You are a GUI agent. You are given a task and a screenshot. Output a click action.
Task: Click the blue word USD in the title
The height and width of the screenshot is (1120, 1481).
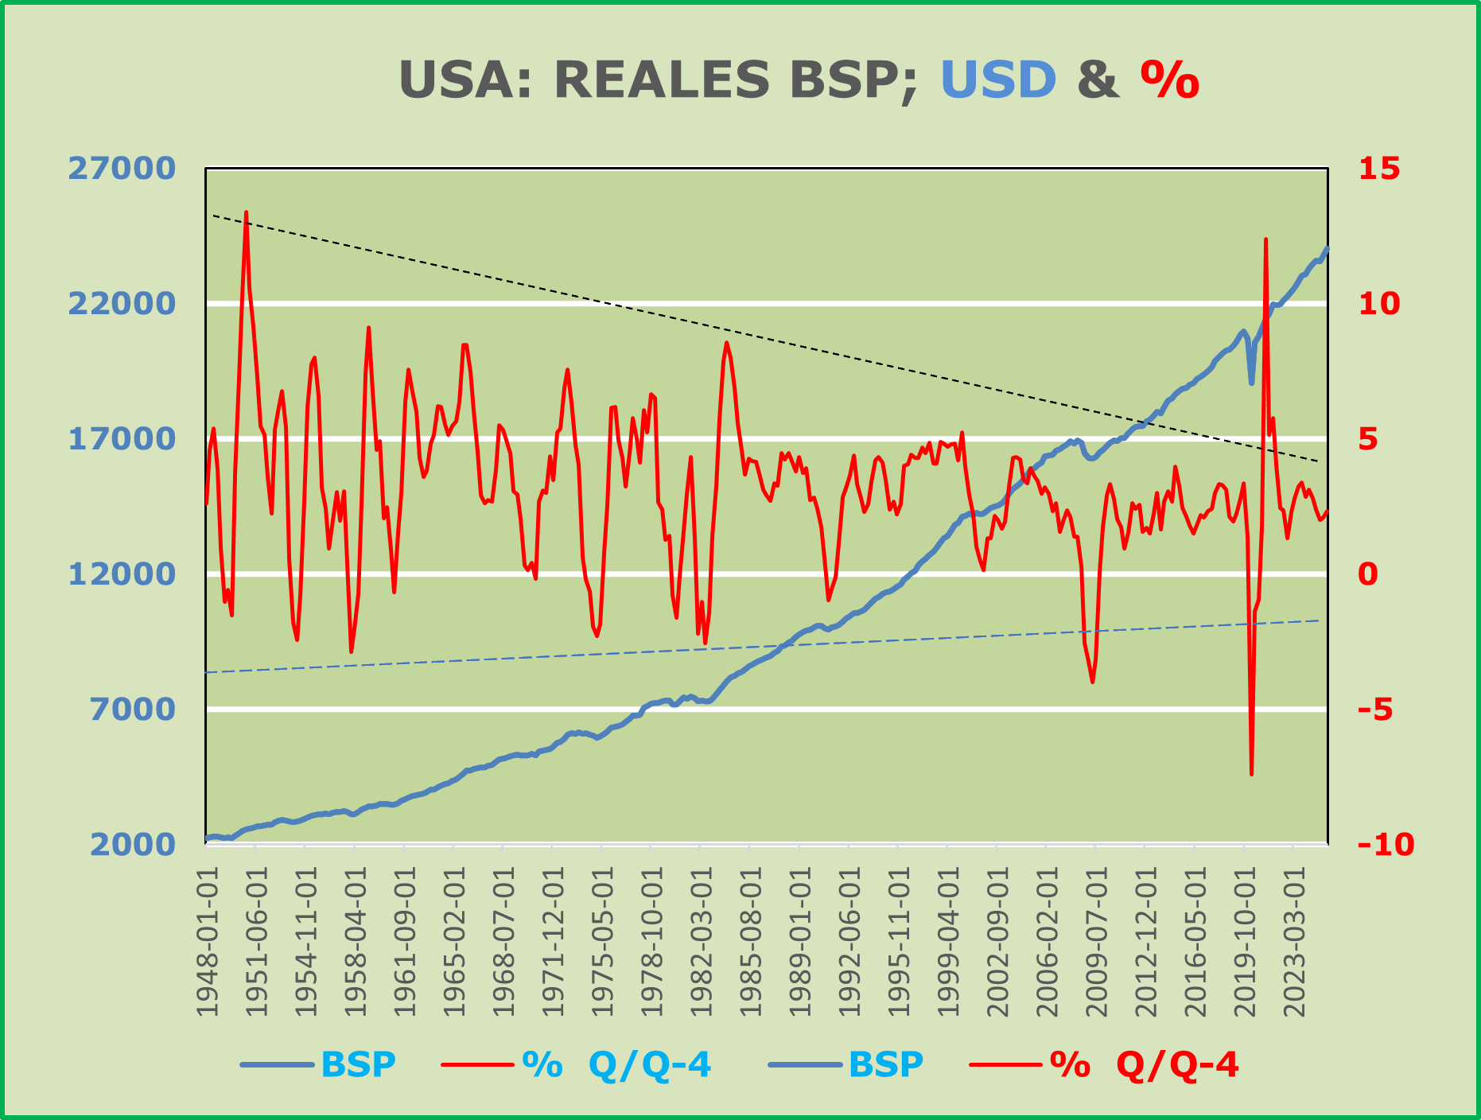tap(998, 80)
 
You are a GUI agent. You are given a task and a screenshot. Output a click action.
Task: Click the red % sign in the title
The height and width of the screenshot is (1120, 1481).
tap(1169, 80)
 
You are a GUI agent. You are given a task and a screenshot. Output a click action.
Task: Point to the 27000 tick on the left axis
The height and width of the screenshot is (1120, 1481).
tap(121, 169)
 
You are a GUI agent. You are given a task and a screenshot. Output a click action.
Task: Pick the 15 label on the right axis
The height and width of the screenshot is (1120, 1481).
tap(1379, 169)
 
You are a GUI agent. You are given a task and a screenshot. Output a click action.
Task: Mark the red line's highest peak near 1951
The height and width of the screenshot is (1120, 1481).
tap(247, 212)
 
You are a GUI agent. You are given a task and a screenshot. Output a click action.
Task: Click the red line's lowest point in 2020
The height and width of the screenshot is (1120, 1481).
tap(1251, 773)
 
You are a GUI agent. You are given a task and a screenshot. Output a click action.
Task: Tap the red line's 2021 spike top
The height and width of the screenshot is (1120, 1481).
tap(1265, 239)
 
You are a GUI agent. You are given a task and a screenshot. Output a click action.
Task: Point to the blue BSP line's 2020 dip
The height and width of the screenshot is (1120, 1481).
tap(1251, 383)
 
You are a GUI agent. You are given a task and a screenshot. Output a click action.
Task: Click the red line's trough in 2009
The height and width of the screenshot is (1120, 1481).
tap(1092, 682)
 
